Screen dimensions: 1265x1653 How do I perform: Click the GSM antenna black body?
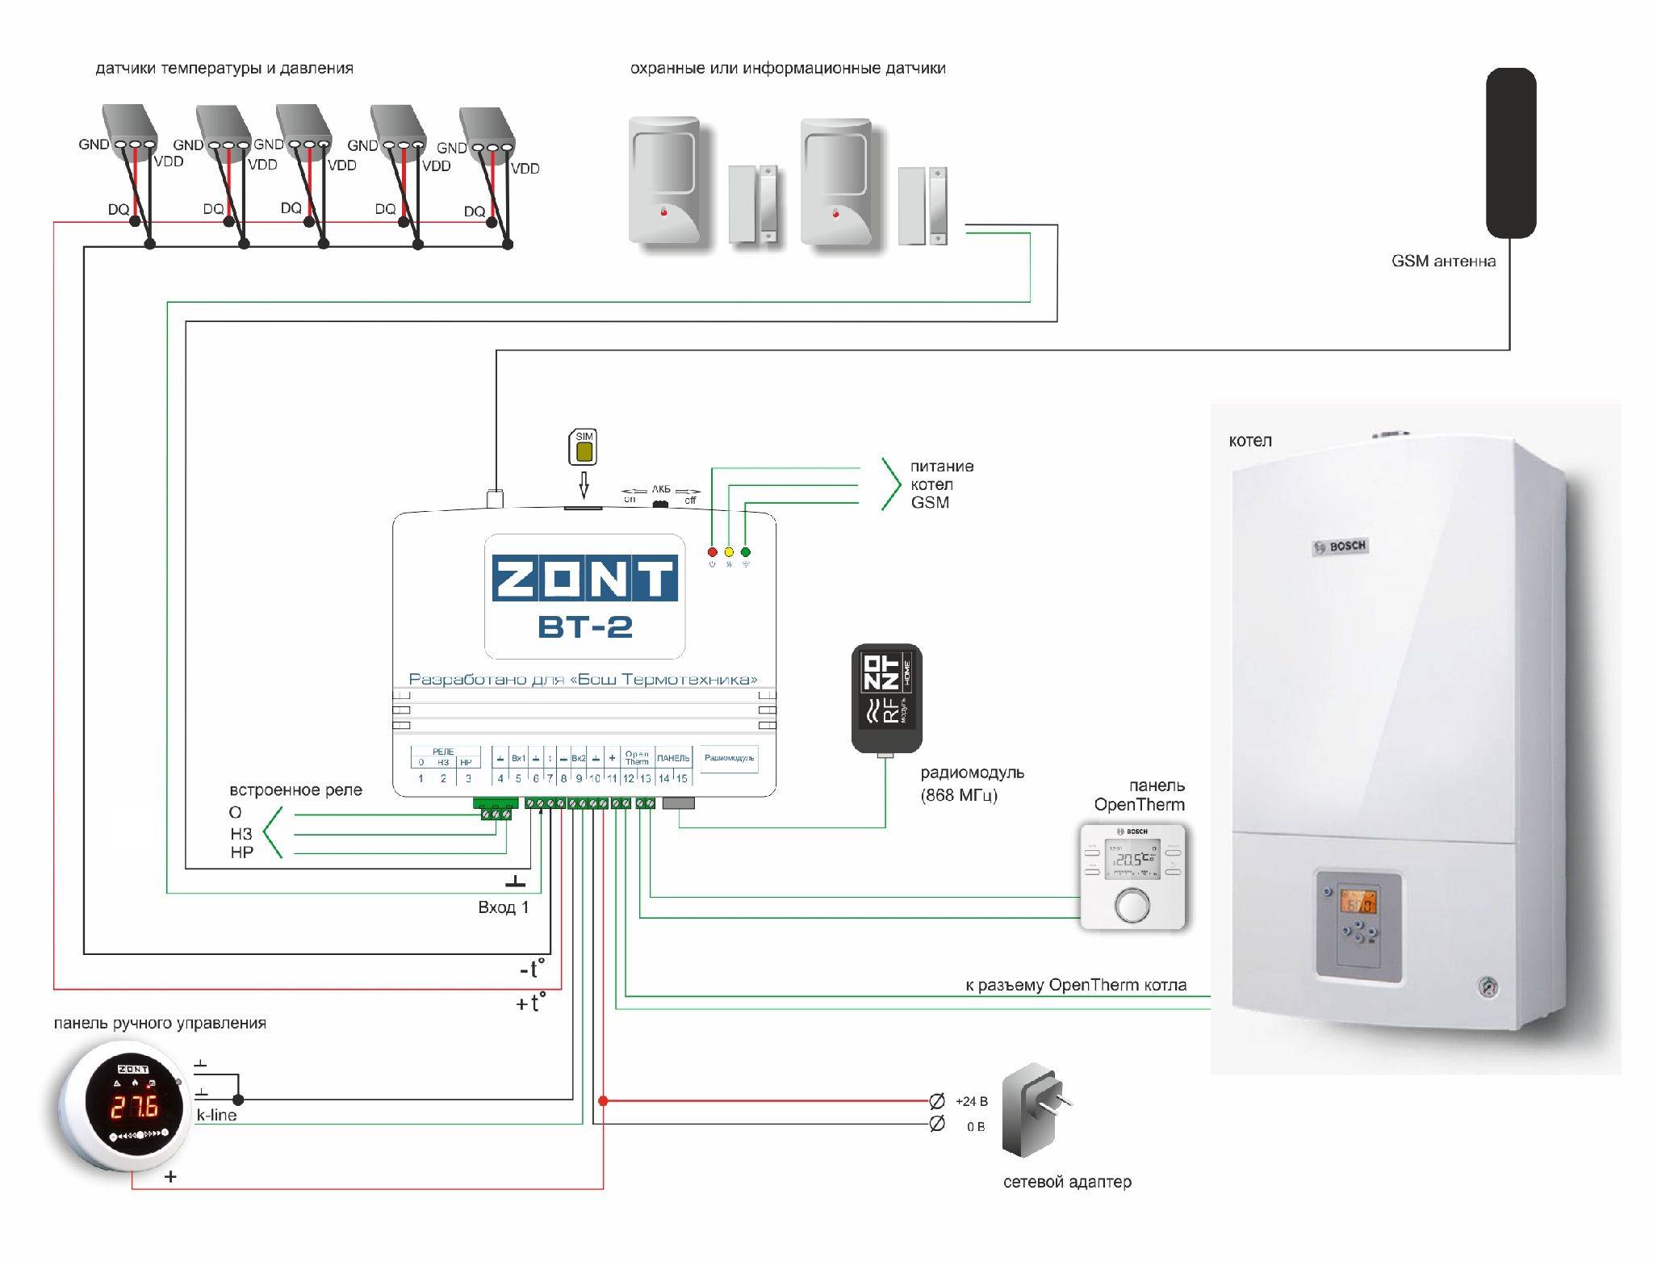pyautogui.click(x=1511, y=153)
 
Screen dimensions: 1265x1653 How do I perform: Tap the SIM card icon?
pyautogui.click(x=584, y=447)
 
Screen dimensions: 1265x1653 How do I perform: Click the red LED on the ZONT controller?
pyautogui.click(x=712, y=552)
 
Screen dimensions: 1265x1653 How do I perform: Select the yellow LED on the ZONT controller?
pyautogui.click(x=729, y=552)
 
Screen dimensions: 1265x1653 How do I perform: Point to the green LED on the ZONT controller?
pyautogui.click(x=746, y=552)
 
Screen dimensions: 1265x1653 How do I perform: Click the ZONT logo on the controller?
pyautogui.click(x=584, y=577)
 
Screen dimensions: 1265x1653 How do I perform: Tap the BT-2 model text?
pyautogui.click(x=585, y=626)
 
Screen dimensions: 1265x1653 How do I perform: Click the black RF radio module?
pyautogui.click(x=886, y=697)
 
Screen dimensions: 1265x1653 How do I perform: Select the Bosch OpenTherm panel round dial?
pyautogui.click(x=1132, y=905)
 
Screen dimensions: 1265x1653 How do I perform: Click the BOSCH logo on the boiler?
pyautogui.click(x=1341, y=547)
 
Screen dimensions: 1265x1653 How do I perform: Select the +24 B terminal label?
pyautogui.click(x=971, y=1101)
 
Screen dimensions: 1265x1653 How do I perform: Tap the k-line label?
pyautogui.click(x=216, y=1115)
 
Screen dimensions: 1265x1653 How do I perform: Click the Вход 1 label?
pyautogui.click(x=503, y=907)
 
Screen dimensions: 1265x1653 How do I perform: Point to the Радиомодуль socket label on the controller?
pyautogui.click(x=729, y=758)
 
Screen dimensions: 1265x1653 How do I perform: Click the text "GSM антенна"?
pyautogui.click(x=1443, y=261)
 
